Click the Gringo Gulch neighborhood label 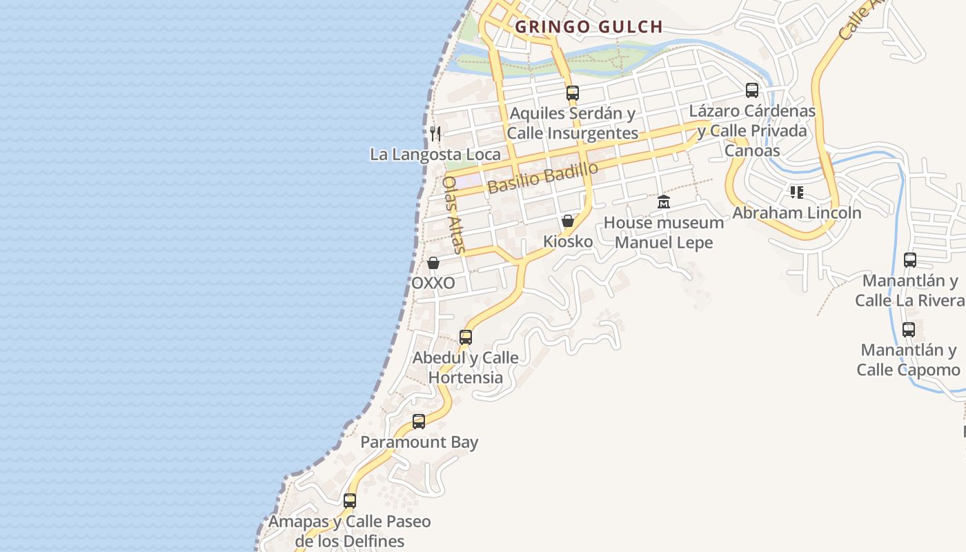(x=589, y=27)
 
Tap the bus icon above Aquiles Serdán (x=572, y=92)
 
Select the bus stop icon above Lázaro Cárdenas (x=752, y=90)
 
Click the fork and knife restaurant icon (x=435, y=133)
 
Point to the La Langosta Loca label (x=435, y=155)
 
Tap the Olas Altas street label (x=453, y=215)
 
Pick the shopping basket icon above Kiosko (x=567, y=221)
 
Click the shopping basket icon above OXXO (x=433, y=263)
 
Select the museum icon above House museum (x=664, y=201)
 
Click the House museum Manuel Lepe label (x=664, y=233)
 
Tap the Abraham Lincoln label (x=797, y=213)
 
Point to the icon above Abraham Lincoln (x=797, y=192)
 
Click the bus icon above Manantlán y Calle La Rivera (x=910, y=260)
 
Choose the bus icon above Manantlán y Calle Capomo (x=909, y=330)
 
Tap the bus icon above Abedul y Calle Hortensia (x=466, y=337)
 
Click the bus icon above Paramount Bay (x=419, y=422)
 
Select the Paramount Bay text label (x=420, y=442)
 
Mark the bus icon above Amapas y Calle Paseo (x=350, y=501)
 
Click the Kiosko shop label (x=568, y=241)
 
